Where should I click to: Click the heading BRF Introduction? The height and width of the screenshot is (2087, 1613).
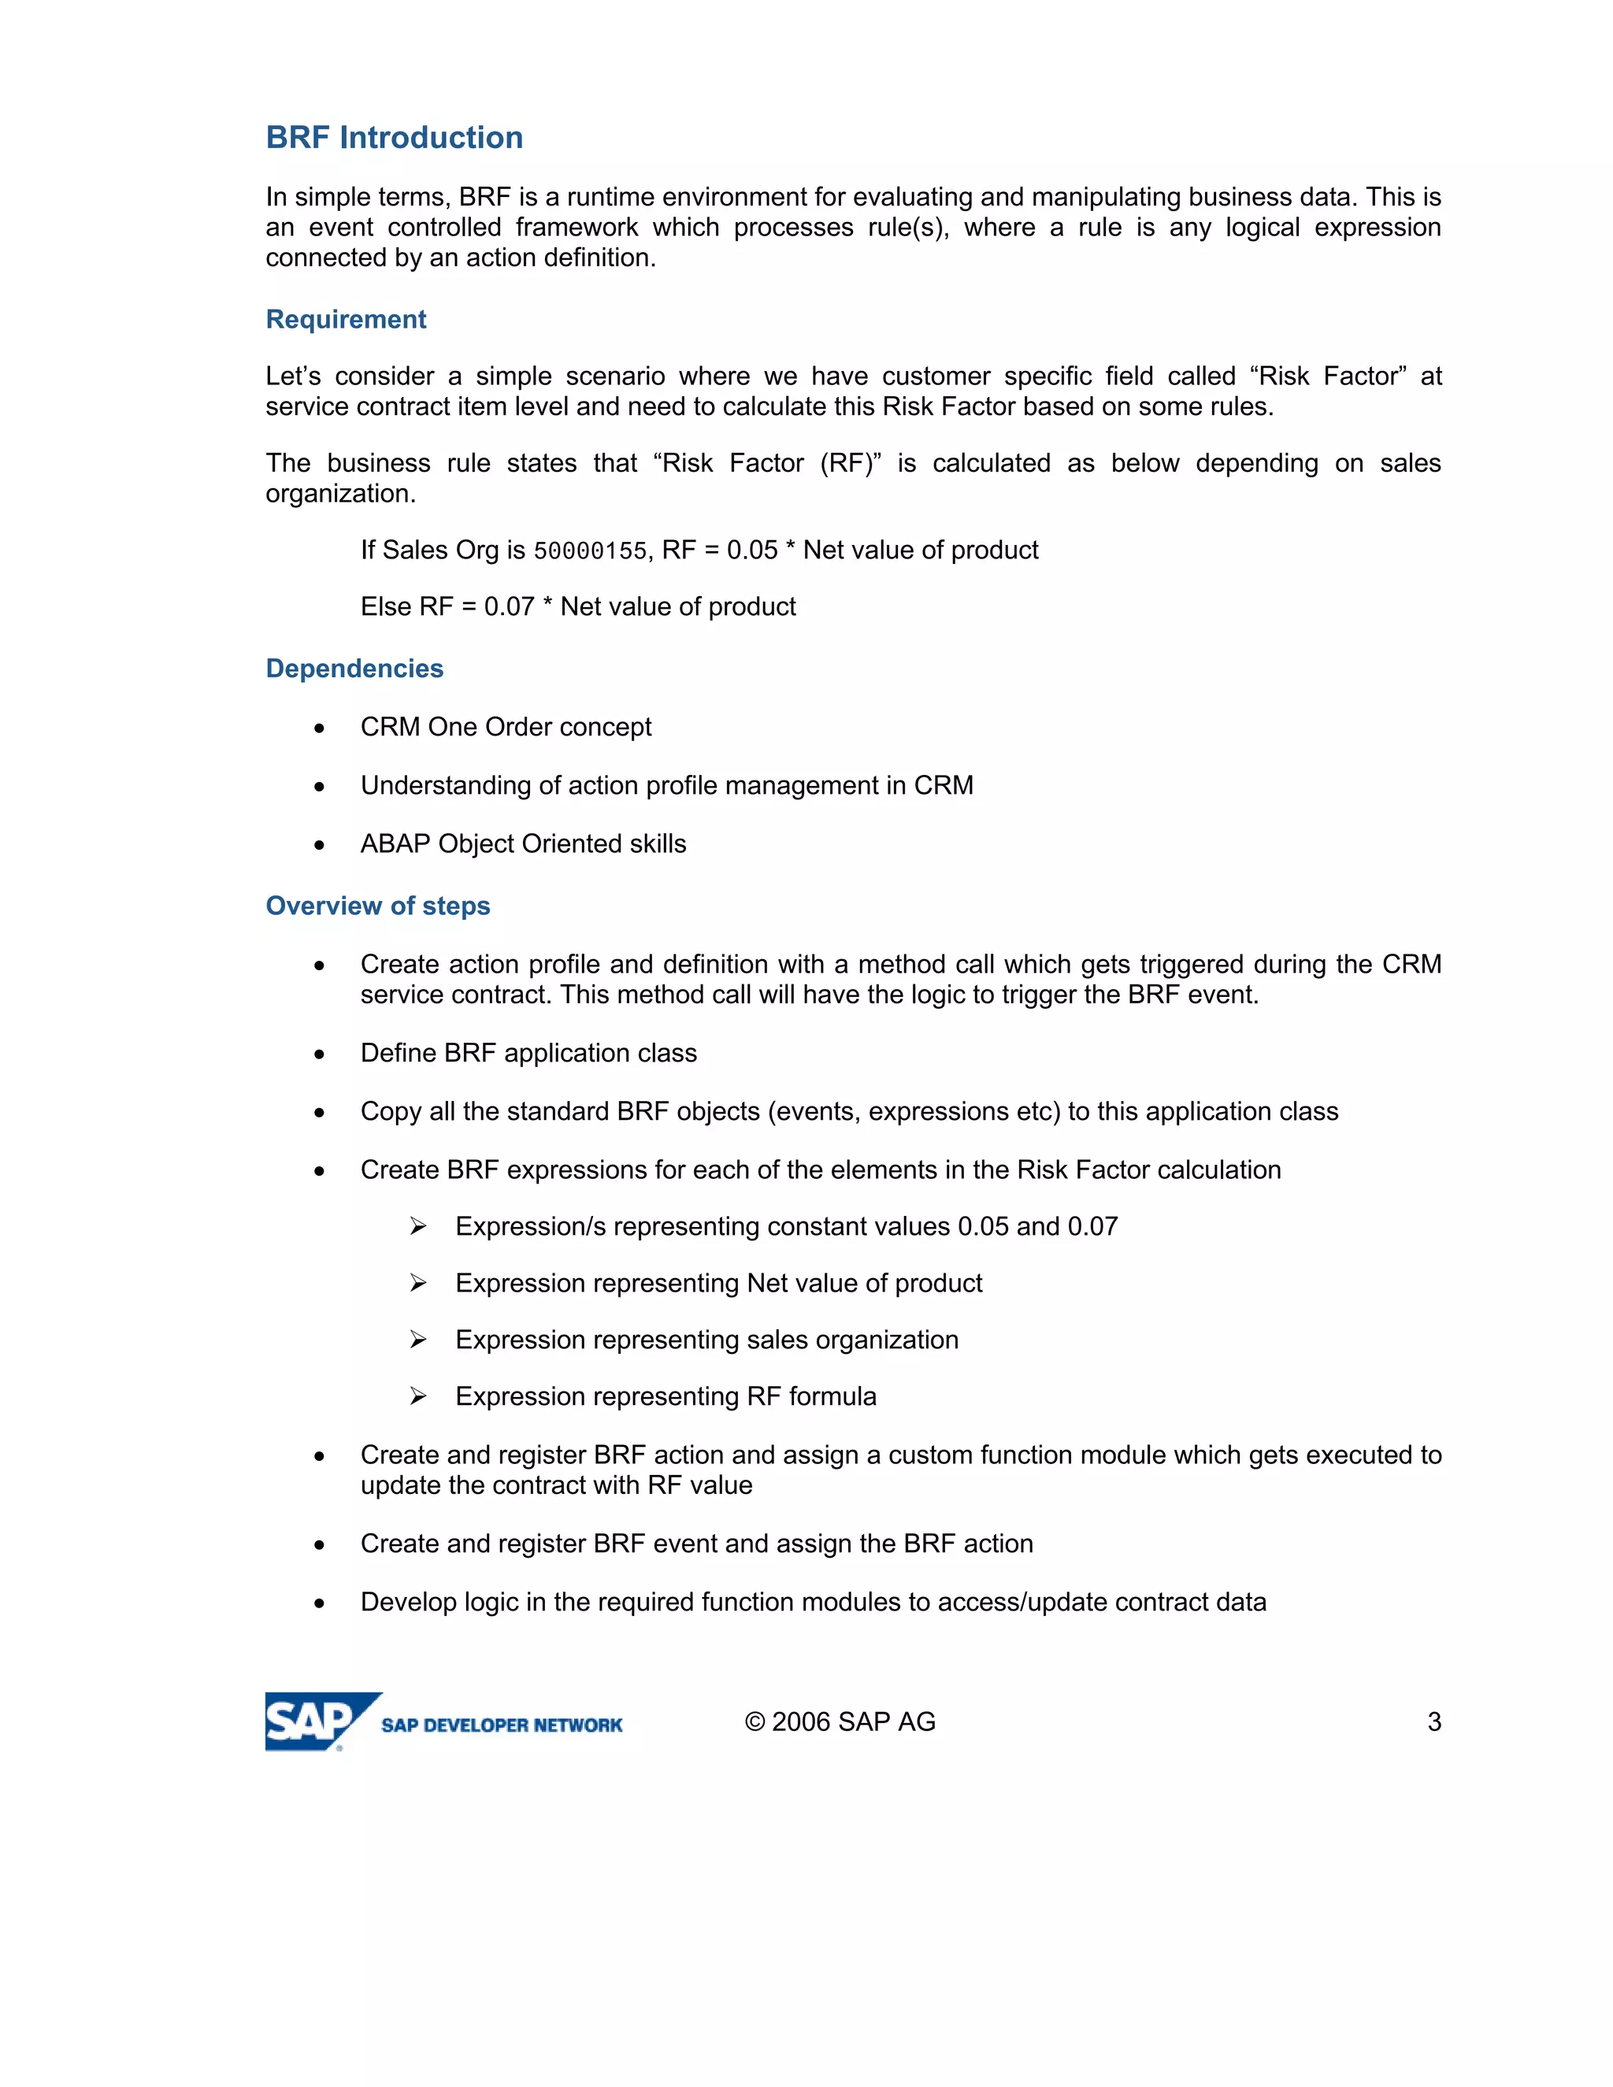394,138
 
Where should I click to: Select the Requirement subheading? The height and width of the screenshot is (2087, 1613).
346,319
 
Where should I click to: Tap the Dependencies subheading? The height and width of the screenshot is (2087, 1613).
354,668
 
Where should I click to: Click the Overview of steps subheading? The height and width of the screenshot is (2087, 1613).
377,906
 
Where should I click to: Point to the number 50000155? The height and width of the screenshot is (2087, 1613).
590,551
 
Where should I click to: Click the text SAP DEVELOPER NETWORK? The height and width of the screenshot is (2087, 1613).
502,1725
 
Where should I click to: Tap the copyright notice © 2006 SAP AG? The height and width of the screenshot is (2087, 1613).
840,1721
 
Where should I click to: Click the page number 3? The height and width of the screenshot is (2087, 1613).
1433,1721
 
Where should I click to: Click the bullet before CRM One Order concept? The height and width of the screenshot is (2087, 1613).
319,728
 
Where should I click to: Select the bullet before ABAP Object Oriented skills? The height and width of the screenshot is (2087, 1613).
319,846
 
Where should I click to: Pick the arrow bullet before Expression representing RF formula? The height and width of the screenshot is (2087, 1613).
417,1396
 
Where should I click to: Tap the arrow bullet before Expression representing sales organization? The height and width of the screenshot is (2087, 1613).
417,1340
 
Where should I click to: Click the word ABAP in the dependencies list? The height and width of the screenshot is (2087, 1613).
395,843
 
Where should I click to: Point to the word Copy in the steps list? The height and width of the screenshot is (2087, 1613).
390,1112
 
